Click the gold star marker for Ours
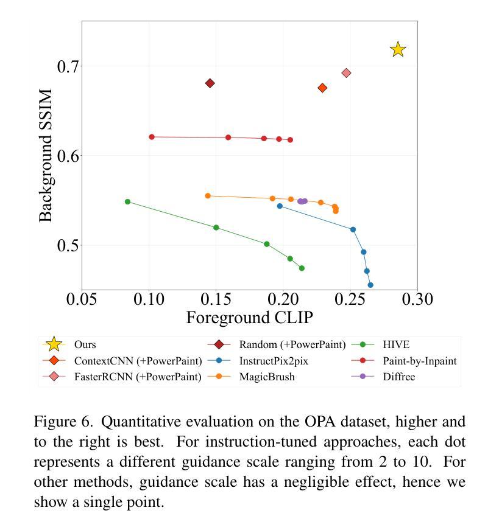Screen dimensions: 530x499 pos(398,49)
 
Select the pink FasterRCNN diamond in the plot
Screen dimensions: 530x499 pos(346,73)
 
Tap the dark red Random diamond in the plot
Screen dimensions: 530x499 pos(210,83)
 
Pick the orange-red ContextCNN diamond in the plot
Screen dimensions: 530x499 pos(322,88)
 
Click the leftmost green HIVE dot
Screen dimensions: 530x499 pos(127,201)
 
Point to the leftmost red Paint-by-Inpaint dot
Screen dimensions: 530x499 pos(152,137)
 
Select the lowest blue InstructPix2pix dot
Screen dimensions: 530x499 pos(370,285)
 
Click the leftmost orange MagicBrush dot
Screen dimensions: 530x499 pos(208,196)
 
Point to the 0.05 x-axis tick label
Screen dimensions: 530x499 pos(82,299)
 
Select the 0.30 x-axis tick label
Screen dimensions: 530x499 pos(417,299)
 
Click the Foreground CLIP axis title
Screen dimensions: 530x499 pos(249,318)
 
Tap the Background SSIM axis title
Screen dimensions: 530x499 pos(46,155)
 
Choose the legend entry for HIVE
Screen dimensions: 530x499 pos(396,344)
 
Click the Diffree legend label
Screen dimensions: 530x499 pos(398,377)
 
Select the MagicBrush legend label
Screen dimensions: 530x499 pos(266,377)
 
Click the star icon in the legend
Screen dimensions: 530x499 pos(54,344)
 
